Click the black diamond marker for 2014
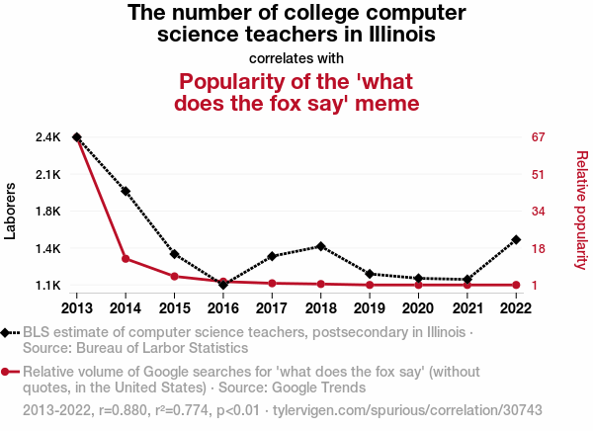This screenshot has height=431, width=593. tap(126, 191)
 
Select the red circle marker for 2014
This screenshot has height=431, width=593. tap(126, 259)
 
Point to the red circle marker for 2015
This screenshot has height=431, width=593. tap(174, 276)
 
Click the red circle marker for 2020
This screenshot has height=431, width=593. tap(418, 285)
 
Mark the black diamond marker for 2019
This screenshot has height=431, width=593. tap(370, 274)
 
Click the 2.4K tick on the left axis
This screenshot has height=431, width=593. tap(48, 136)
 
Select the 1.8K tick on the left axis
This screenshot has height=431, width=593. tap(48, 212)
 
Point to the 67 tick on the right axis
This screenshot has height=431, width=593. tap(540, 136)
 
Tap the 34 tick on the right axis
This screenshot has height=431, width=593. tap(540, 212)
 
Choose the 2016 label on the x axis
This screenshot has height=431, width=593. tap(223, 307)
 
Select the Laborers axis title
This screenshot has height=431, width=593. tap(11, 212)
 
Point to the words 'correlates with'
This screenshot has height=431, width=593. tap(296, 57)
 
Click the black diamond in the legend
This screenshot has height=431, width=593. tap(9, 333)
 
